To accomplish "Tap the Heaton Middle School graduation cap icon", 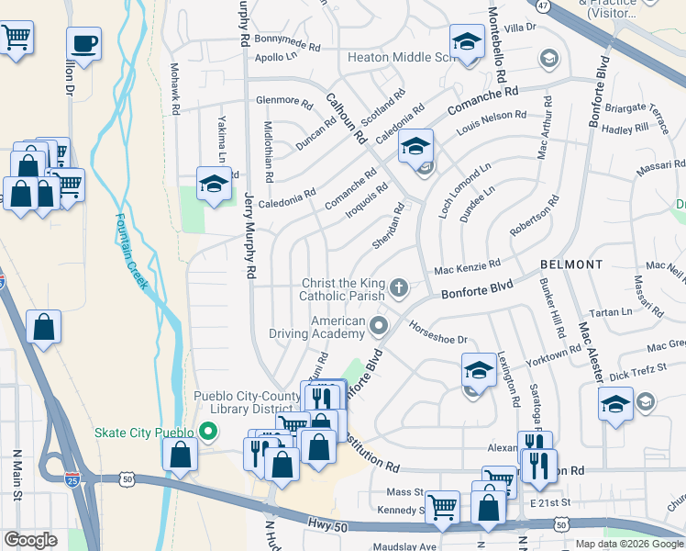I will [467, 42].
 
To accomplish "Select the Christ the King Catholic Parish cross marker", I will [399, 287].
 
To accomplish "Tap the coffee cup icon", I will [83, 43].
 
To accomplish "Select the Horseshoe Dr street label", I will [438, 332].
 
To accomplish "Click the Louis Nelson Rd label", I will [492, 121].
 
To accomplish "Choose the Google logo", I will [31, 540].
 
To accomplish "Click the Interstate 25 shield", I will [73, 478].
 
